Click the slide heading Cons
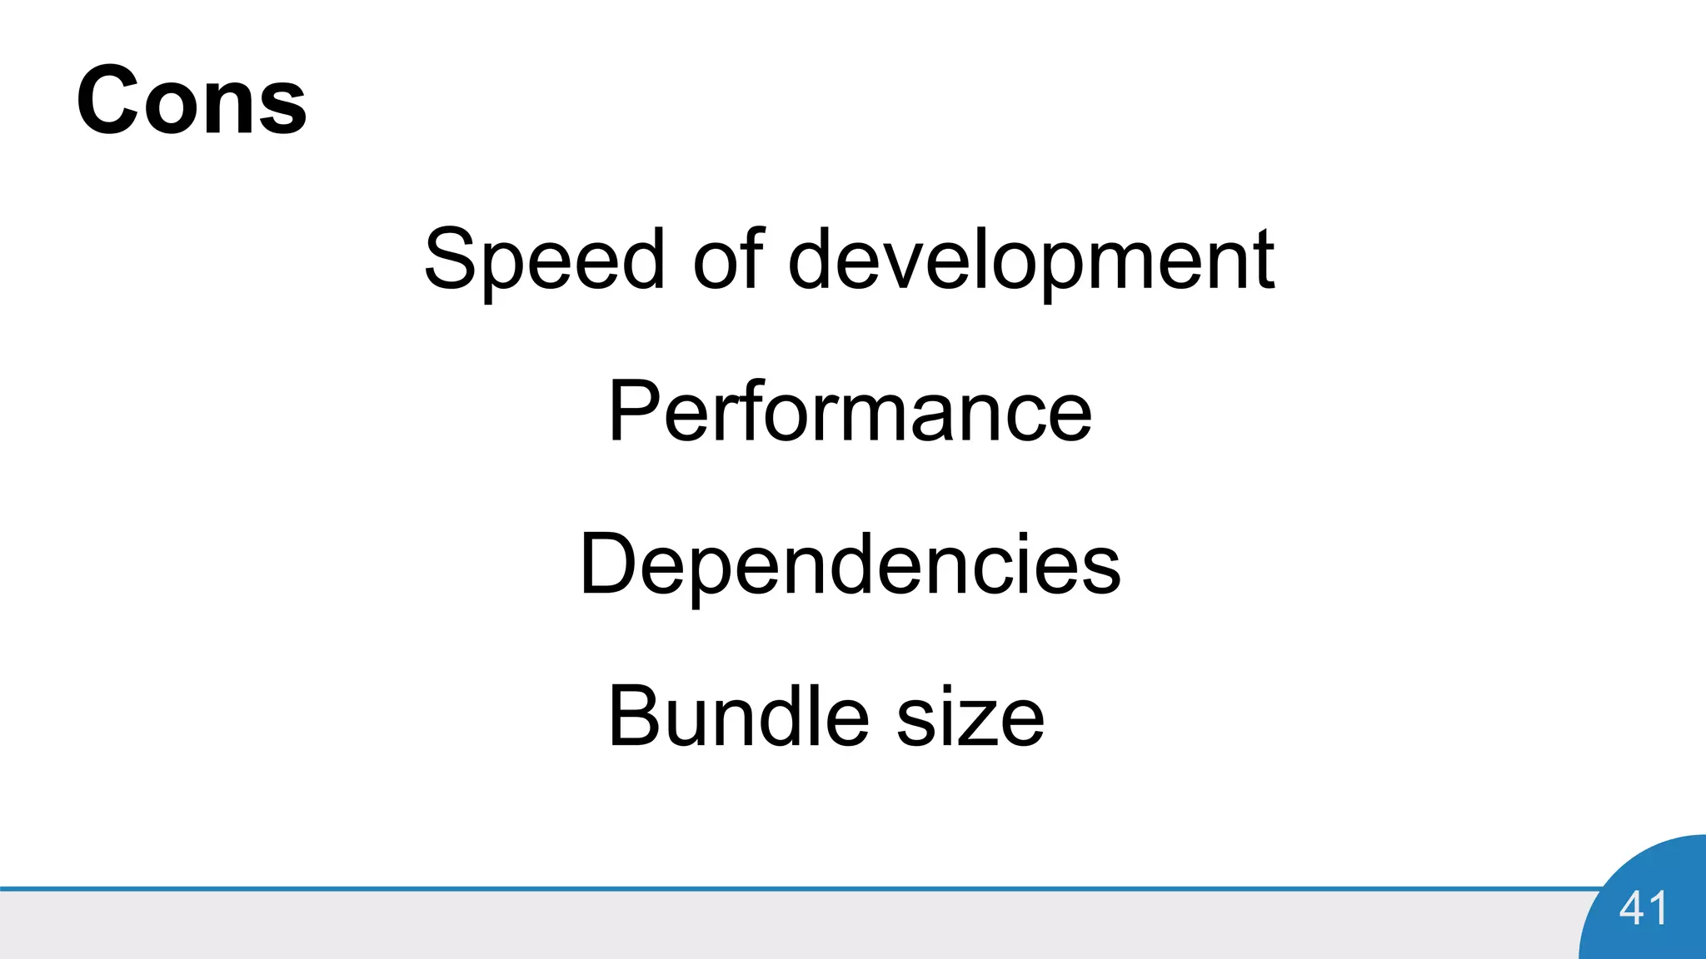click(x=192, y=101)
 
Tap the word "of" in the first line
click(x=728, y=259)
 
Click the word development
click(x=1031, y=259)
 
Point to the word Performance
click(x=850, y=411)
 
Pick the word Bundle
click(x=738, y=717)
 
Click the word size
click(x=970, y=717)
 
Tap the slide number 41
click(x=1643, y=907)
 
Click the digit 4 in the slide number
click(x=1631, y=907)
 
